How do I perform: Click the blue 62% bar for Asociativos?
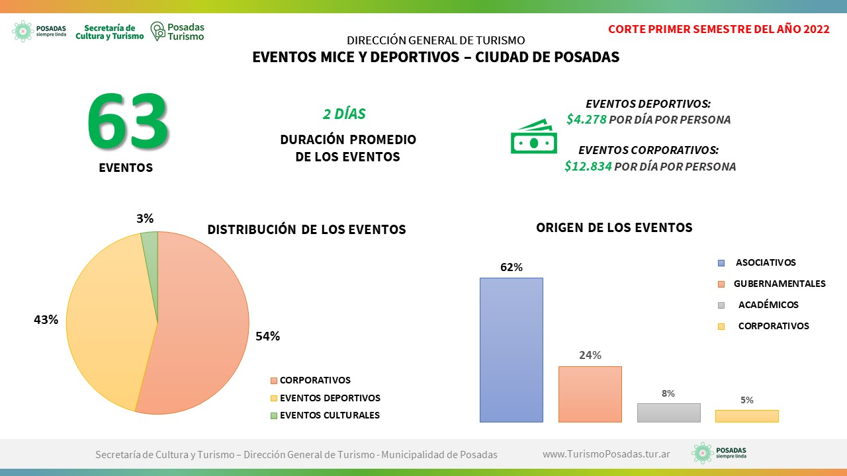(512, 350)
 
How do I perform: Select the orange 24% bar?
(590, 394)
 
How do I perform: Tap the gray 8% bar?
(668, 413)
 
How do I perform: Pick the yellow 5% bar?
(747, 416)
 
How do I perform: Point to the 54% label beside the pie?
(268, 336)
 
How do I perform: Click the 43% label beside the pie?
(46, 319)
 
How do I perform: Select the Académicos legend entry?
(758, 305)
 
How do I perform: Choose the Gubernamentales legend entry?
(772, 284)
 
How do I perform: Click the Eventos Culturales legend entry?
(325, 415)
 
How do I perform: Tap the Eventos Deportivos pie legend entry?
(326, 398)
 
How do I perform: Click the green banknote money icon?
(533, 136)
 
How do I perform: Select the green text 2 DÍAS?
(344, 114)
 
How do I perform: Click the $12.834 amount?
(588, 166)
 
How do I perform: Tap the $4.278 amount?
(586, 120)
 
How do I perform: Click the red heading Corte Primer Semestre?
(719, 29)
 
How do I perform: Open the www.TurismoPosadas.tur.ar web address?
(606, 454)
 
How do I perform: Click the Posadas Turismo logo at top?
(177, 31)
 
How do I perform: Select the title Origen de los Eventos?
(614, 227)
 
